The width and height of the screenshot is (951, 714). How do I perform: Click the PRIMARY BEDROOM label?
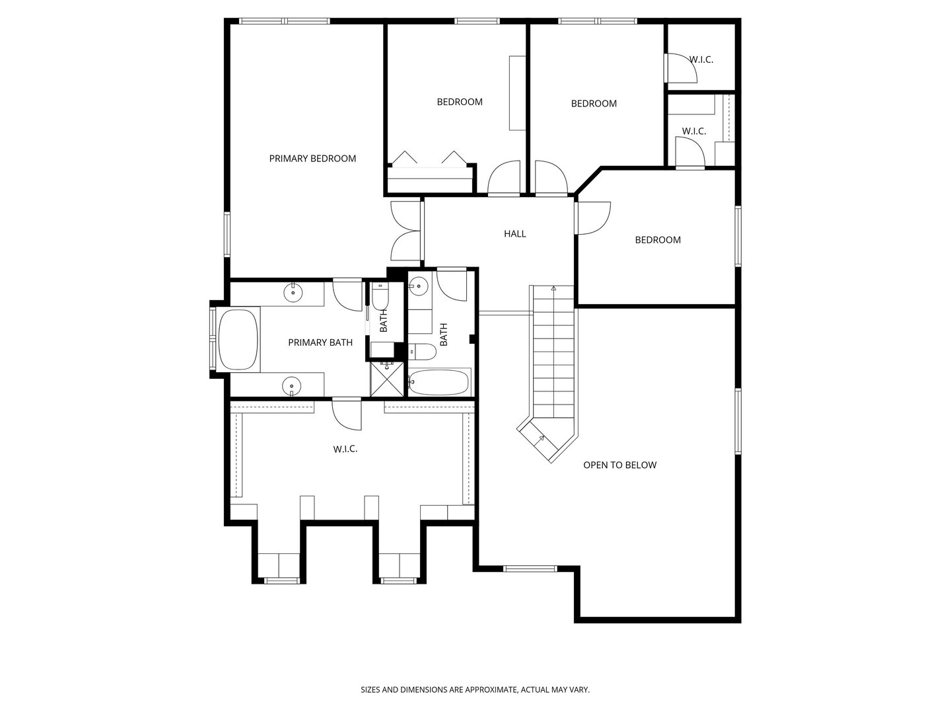coord(312,159)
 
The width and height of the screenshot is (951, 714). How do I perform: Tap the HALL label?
coord(514,233)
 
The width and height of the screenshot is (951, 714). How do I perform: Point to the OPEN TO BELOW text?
coord(619,465)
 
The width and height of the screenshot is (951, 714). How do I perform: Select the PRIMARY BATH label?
coord(320,342)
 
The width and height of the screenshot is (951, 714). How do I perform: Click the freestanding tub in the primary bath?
coord(238,339)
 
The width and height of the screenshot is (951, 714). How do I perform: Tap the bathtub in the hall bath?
coord(439,382)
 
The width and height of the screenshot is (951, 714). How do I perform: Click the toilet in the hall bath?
coord(421,352)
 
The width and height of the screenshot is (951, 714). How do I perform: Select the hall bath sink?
coord(417,286)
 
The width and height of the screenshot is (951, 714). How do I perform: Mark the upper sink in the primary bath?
coord(293,292)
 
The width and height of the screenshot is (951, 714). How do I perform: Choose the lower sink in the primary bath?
coord(291,384)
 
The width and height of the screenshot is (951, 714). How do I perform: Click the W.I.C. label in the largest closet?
coord(345,449)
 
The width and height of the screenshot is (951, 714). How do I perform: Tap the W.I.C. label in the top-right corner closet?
coord(701,59)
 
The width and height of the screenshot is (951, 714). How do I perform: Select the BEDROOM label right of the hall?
coord(657,240)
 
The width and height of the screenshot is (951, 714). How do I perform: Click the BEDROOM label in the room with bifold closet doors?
coord(459,102)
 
